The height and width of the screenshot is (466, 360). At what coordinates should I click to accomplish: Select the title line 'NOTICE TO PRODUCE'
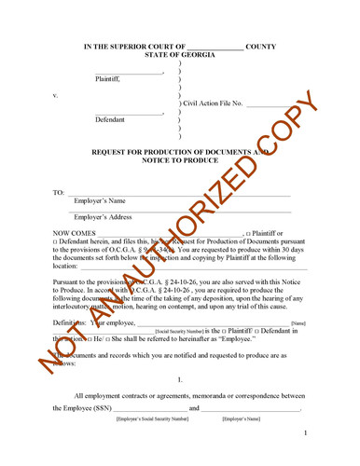point(180,160)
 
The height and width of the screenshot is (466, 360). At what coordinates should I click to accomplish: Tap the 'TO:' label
point(59,192)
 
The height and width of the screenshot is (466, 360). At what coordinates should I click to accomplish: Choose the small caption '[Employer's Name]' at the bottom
point(243,419)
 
